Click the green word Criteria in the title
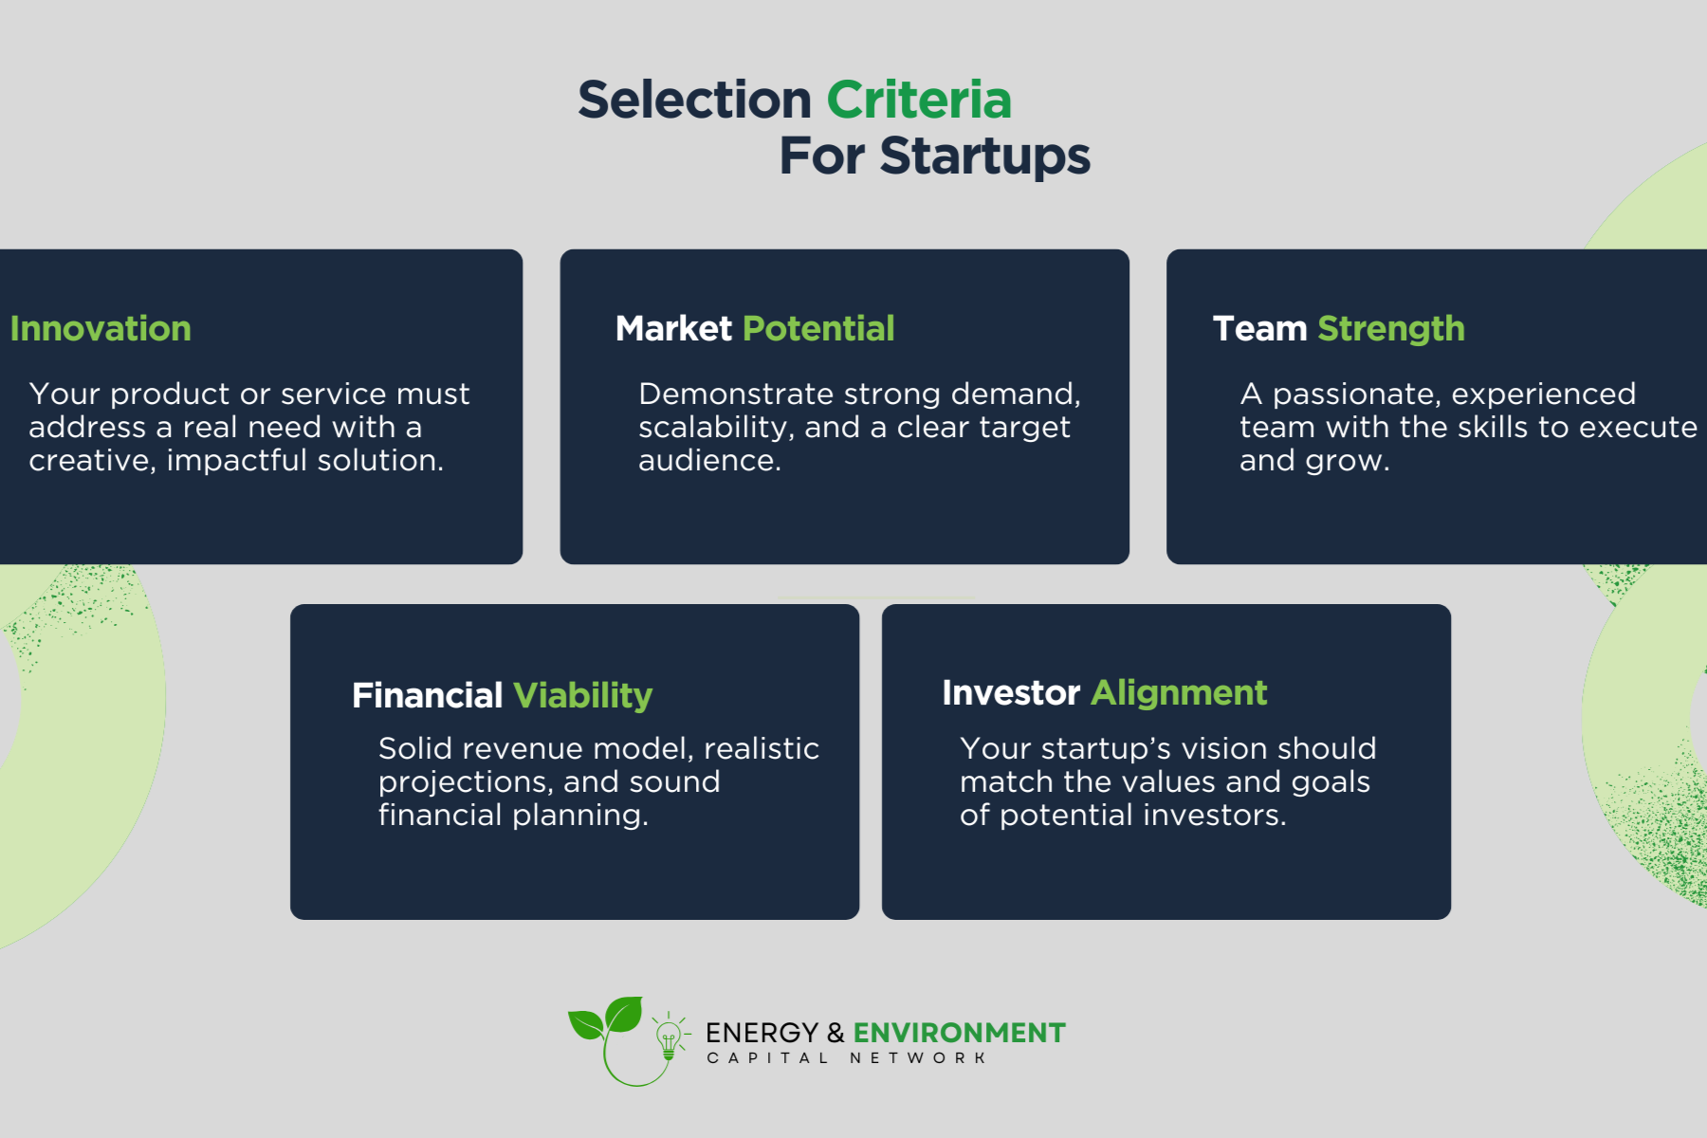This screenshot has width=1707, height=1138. [x=919, y=100]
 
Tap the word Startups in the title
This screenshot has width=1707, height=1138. [x=985, y=156]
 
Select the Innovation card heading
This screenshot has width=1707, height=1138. [x=101, y=328]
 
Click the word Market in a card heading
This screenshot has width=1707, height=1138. [x=673, y=328]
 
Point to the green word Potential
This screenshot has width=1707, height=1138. [x=818, y=328]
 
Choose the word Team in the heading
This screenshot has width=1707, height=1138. [x=1259, y=328]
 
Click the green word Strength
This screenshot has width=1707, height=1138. [x=1391, y=329]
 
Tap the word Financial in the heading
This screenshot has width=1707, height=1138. [x=427, y=695]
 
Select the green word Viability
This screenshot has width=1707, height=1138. [x=582, y=696]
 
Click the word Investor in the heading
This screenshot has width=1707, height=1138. [x=1011, y=692]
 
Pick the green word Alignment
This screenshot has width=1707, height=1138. [x=1179, y=693]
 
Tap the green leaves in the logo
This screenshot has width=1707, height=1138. [x=606, y=1017]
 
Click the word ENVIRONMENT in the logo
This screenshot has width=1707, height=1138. [x=959, y=1033]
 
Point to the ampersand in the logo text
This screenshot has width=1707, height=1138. [x=835, y=1033]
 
